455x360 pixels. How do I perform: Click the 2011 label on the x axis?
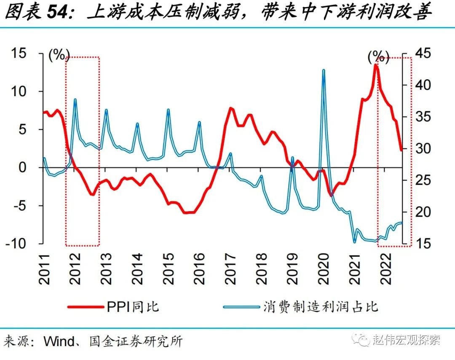(44, 268)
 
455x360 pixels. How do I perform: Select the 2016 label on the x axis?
(199, 268)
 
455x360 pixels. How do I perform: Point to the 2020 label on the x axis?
(324, 268)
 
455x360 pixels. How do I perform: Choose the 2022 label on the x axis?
(385, 268)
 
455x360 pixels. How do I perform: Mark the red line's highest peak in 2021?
(376, 65)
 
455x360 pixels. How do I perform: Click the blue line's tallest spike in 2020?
(324, 70)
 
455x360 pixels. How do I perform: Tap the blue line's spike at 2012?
(75, 99)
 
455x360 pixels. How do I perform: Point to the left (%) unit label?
(59, 55)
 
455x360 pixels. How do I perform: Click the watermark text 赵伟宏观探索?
(406, 340)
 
